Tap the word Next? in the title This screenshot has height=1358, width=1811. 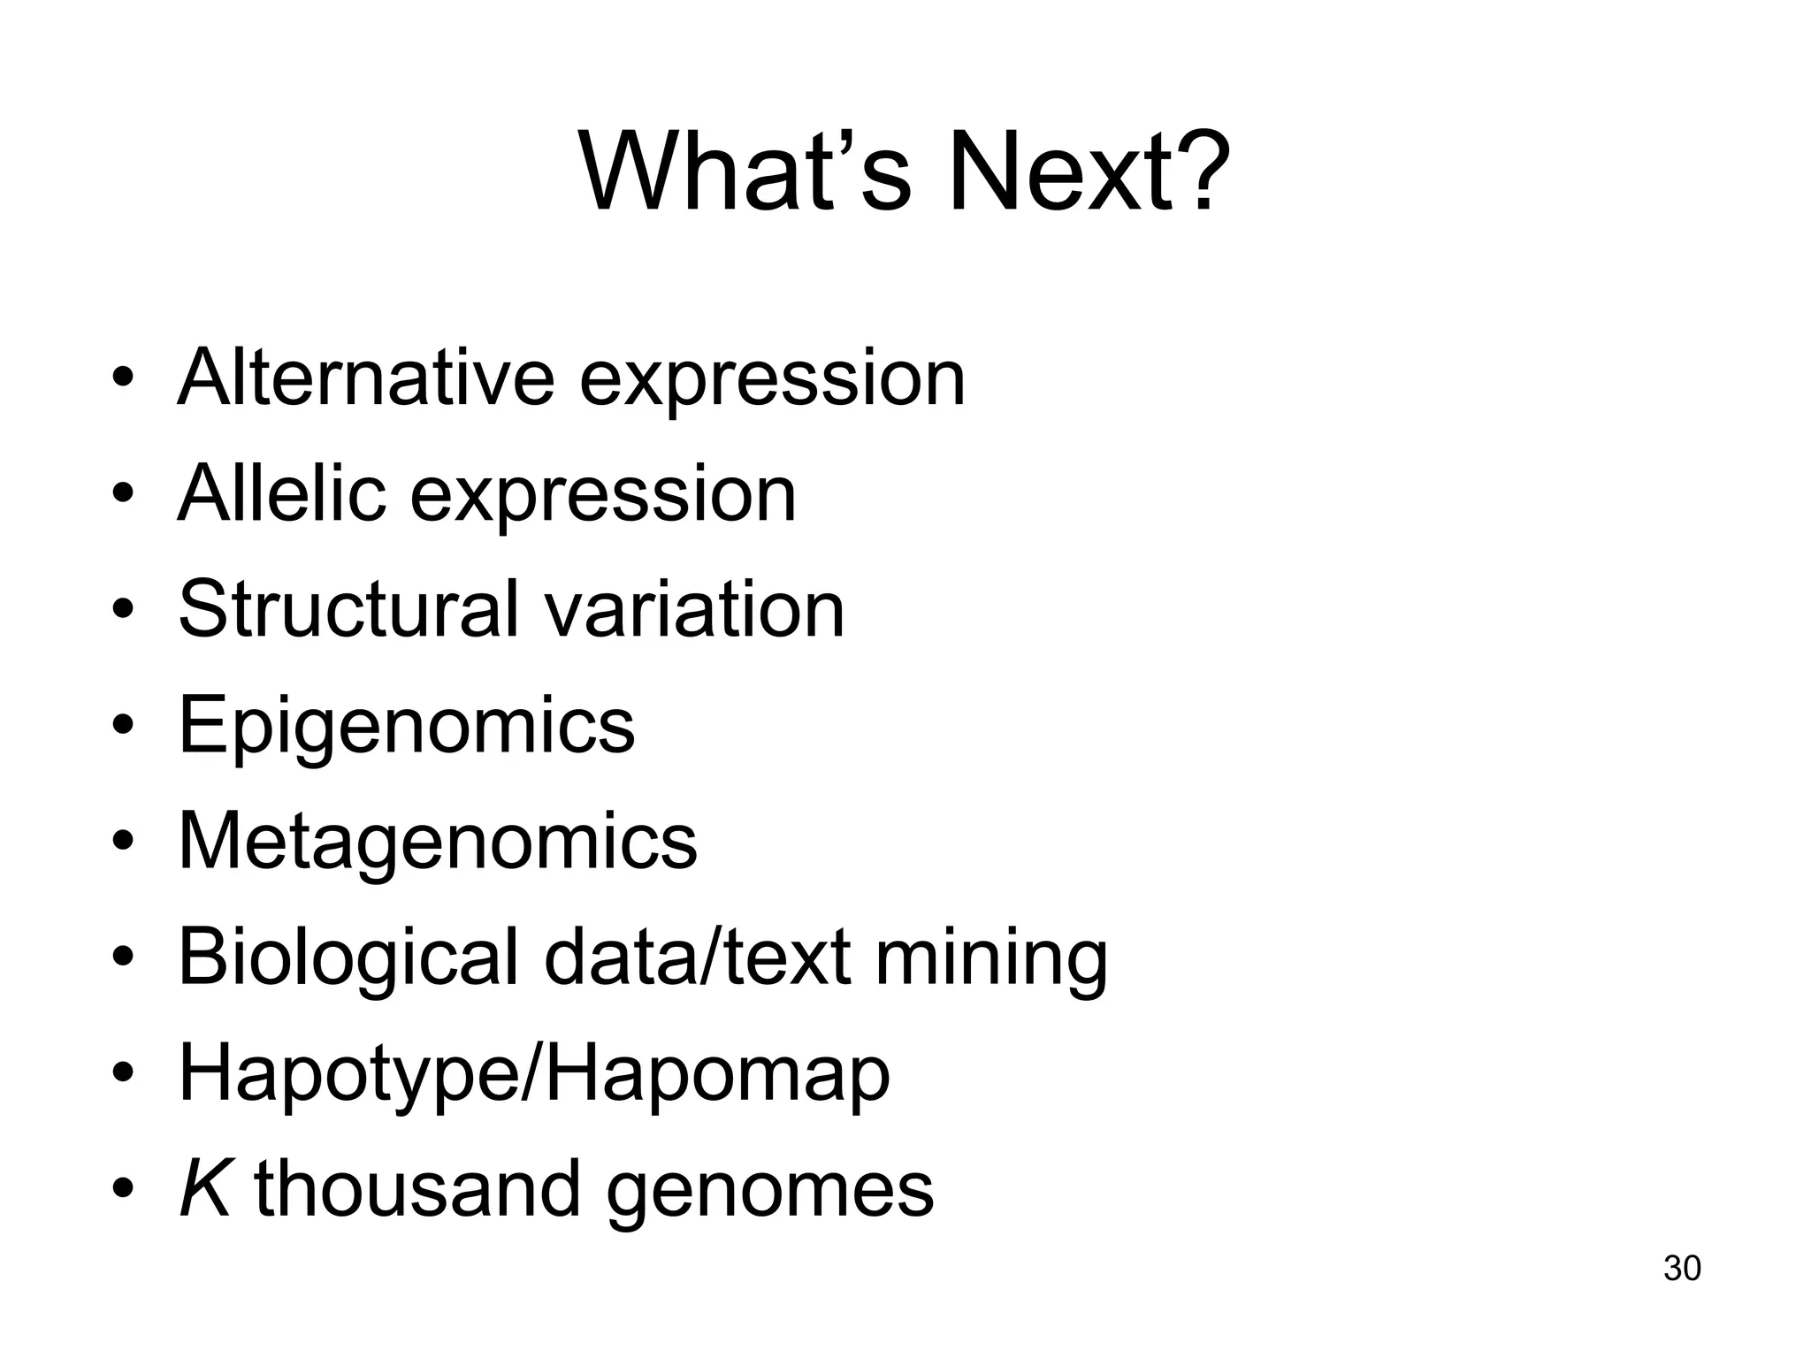coord(1089,172)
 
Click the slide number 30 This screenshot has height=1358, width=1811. coord(1682,1268)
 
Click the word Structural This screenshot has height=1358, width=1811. coord(348,609)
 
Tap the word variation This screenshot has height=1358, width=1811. coord(693,609)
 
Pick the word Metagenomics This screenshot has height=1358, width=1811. coord(438,841)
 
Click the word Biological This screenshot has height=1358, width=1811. coord(348,957)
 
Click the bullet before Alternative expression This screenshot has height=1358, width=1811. coord(123,380)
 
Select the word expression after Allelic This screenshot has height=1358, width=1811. coord(603,495)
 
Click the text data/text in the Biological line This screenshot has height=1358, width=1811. coord(698,957)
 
